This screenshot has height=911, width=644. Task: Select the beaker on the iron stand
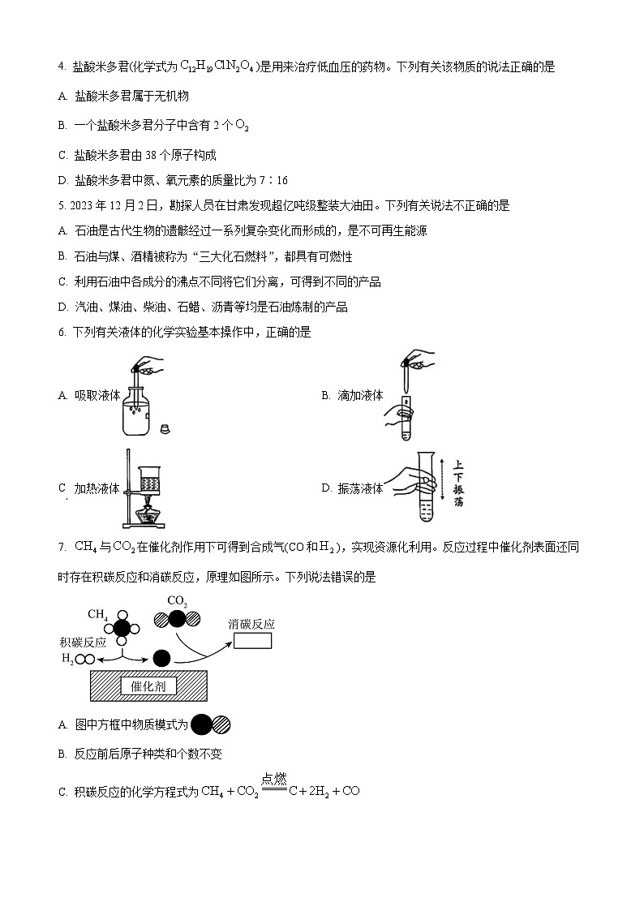coord(149,478)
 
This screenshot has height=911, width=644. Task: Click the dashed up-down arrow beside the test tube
coord(441,485)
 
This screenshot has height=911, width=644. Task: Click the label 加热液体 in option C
coord(97,488)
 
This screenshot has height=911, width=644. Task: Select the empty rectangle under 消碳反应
coord(252,641)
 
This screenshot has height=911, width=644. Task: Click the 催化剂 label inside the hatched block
coord(143,686)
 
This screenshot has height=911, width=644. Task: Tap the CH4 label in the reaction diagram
coord(98,614)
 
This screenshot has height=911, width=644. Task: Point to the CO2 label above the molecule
coord(177,601)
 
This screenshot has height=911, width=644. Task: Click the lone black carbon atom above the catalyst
coord(162,658)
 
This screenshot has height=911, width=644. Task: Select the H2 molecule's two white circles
coord(84,659)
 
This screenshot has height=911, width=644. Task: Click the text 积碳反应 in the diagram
coord(72,642)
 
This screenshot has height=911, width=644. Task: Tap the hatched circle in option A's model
coord(221,724)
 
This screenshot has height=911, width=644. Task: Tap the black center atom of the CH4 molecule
coord(122,627)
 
